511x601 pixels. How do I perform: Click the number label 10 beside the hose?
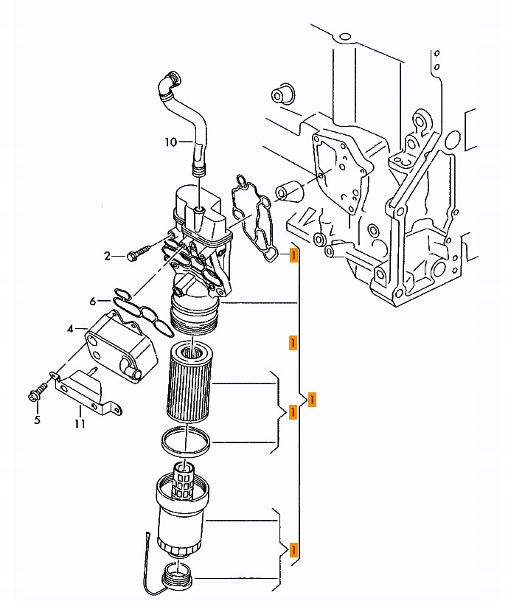click(170, 142)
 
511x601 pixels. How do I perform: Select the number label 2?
click(108, 256)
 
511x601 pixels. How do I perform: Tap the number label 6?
click(94, 301)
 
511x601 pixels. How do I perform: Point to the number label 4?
click(70, 328)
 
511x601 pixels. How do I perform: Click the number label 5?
click(37, 420)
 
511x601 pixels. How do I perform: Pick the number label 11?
click(80, 423)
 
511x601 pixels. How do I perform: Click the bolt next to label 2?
click(139, 254)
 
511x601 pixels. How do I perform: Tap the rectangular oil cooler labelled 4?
click(121, 344)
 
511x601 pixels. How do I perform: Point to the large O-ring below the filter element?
click(186, 441)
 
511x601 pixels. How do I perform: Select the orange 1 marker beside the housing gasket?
click(293, 255)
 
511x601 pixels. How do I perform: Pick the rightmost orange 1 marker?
click(313, 399)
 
